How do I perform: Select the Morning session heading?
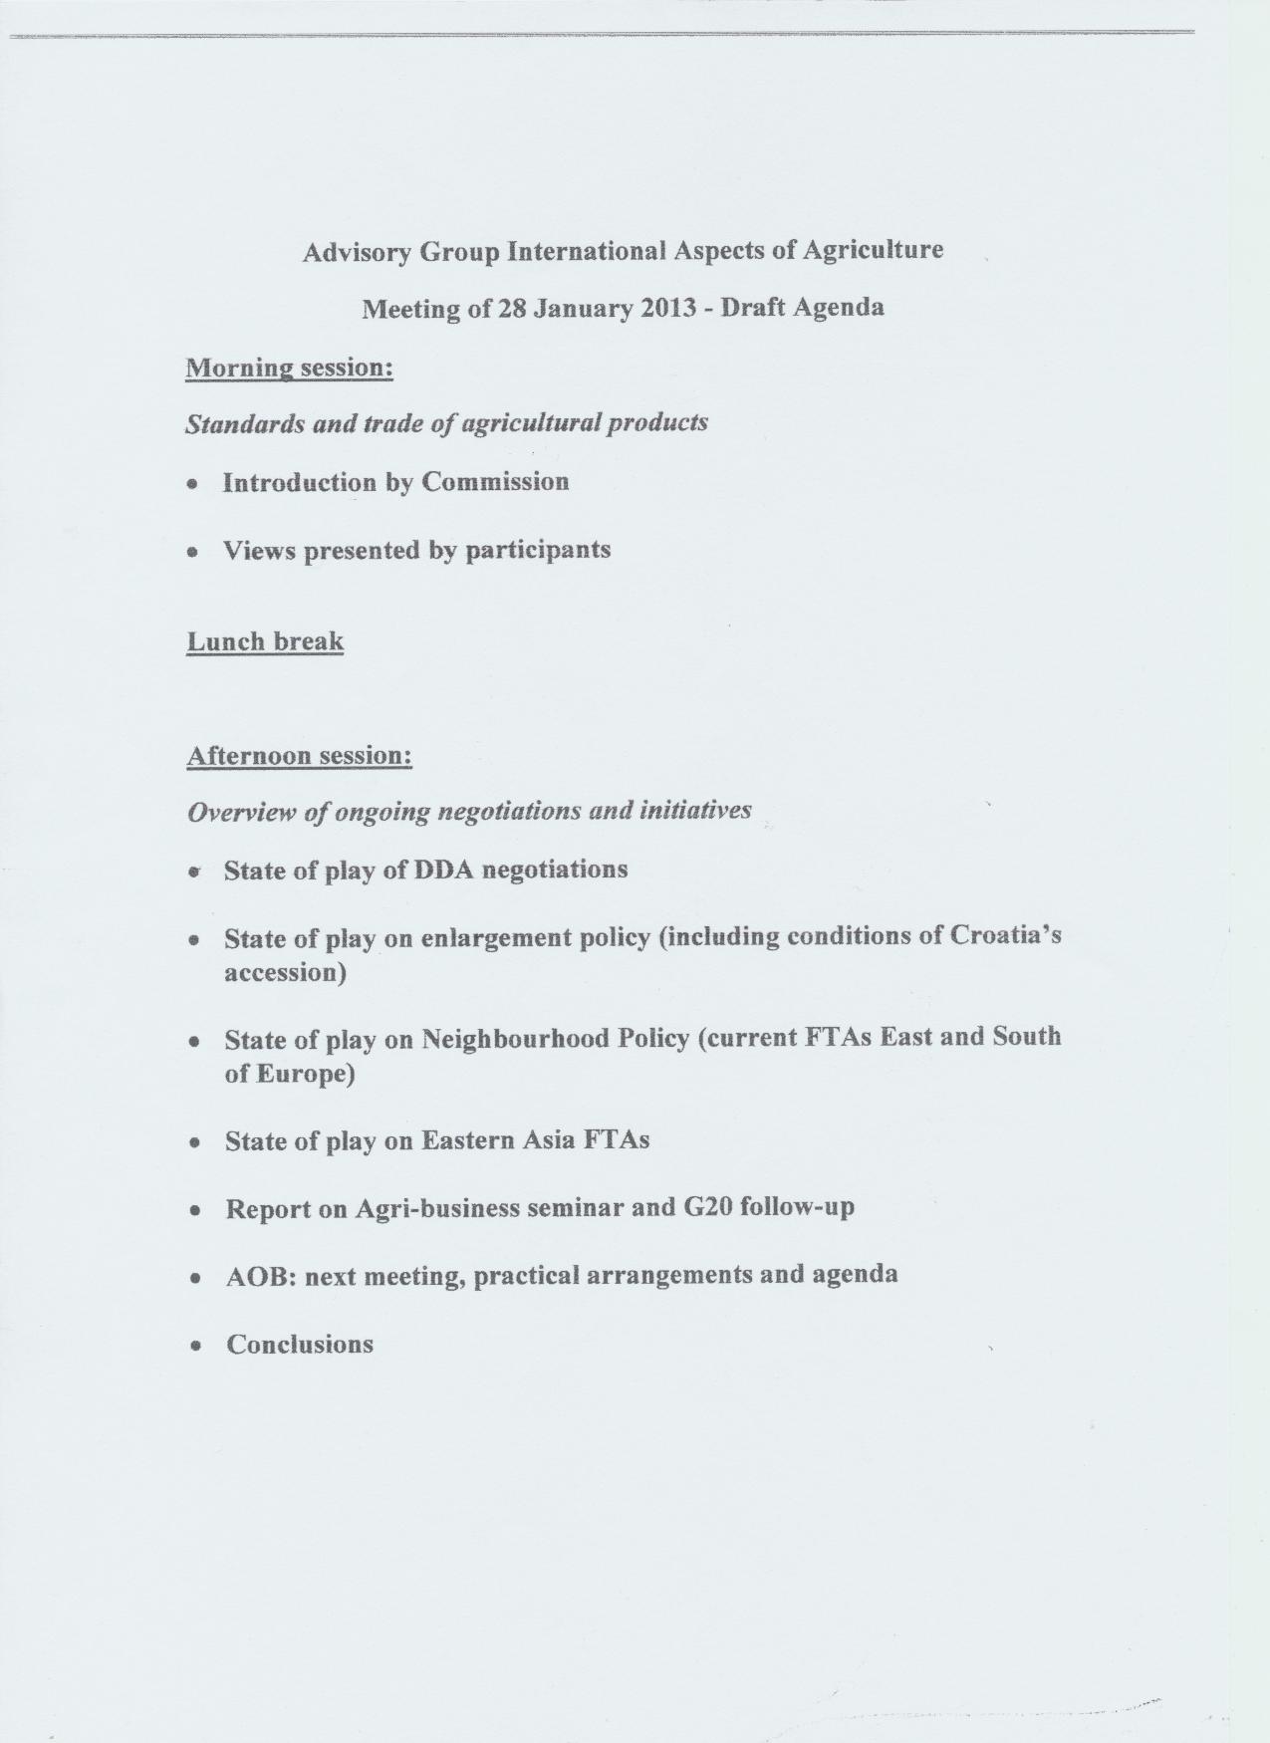[x=290, y=368]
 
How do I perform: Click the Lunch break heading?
[x=265, y=640]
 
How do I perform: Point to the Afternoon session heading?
[x=299, y=755]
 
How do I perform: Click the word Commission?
[x=495, y=482]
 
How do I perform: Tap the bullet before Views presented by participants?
[x=193, y=551]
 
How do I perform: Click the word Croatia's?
[x=1006, y=936]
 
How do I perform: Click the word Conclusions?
[x=300, y=1345]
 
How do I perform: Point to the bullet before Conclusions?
[x=198, y=1346]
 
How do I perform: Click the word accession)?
[x=285, y=972]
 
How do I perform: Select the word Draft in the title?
[x=753, y=307]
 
